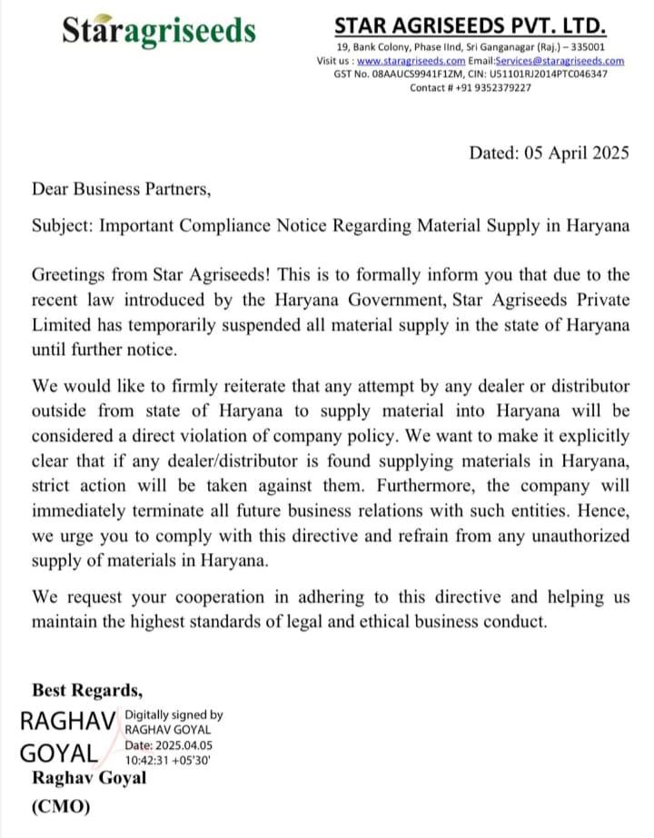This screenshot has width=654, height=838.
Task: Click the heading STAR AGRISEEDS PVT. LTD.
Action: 471,25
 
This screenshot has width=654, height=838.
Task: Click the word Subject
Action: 62,225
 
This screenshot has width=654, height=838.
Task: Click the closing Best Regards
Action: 87,687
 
